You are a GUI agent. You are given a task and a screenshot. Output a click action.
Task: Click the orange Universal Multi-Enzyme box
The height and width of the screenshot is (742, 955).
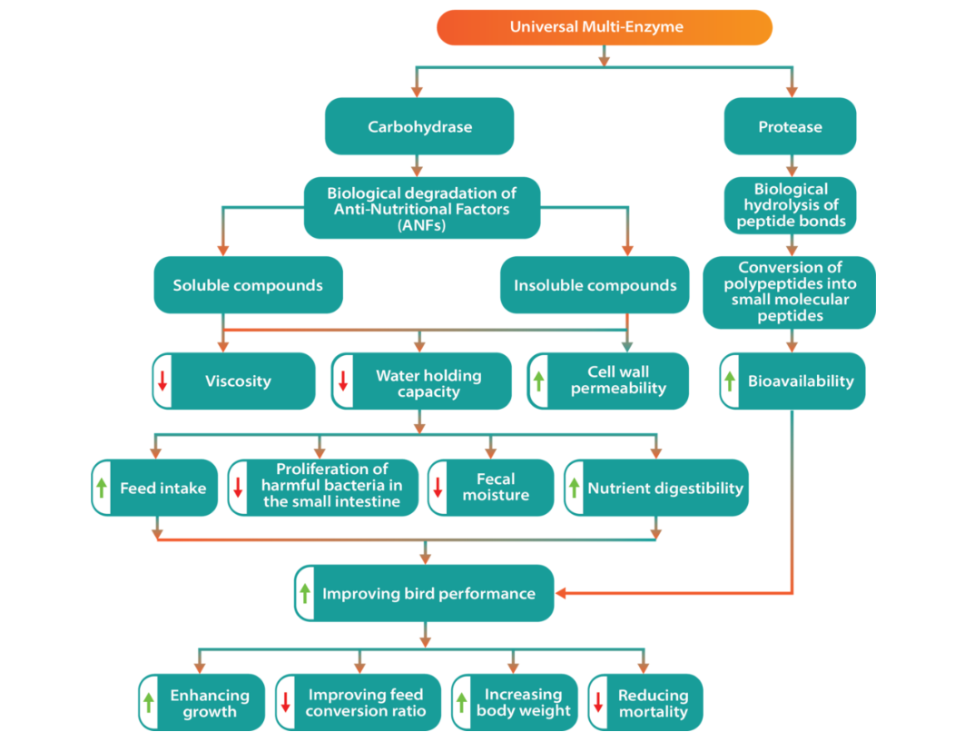coord(605,27)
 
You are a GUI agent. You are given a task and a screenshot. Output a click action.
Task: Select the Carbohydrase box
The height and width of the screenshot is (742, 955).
coord(419,126)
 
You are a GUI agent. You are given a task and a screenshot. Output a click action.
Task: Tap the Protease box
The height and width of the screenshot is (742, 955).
coord(790,126)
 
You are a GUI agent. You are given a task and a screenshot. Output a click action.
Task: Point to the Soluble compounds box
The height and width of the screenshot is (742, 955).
coord(248,285)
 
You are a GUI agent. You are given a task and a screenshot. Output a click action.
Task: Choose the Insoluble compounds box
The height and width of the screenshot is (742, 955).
coord(595,285)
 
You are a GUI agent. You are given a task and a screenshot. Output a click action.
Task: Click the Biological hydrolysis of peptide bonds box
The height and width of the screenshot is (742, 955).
coord(790,205)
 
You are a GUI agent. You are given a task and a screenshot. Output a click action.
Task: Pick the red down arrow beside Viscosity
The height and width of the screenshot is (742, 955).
coord(162,381)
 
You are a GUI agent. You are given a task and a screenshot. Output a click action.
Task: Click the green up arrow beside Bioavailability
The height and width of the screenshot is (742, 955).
coord(730,381)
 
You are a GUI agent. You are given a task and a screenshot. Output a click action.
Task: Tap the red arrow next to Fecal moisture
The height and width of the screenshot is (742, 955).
coord(438,488)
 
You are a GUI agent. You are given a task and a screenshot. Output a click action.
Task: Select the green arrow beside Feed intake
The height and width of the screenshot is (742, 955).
coord(102,488)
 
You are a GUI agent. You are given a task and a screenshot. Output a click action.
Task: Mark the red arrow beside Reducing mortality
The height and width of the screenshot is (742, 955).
coord(598,702)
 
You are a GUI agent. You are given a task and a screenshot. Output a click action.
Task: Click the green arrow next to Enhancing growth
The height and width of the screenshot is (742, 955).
coord(149,702)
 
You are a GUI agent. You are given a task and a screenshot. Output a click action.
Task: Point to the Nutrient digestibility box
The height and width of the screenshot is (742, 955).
coord(656,488)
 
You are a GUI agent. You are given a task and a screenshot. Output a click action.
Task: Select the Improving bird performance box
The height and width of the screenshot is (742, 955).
coord(424,593)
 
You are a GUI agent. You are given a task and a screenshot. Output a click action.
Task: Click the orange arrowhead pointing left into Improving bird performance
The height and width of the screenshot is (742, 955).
coord(561,593)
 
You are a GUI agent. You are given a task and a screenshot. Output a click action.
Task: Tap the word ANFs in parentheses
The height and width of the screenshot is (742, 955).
coord(421,225)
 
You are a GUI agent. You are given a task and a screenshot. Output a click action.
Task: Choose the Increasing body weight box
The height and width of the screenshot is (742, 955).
coord(515,702)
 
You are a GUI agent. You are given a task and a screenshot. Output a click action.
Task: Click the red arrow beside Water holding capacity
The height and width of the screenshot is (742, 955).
coord(343,381)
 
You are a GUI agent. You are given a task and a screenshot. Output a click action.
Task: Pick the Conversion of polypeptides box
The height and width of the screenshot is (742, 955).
coord(790,292)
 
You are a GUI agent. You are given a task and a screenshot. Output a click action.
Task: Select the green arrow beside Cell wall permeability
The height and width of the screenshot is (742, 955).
coord(538,381)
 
